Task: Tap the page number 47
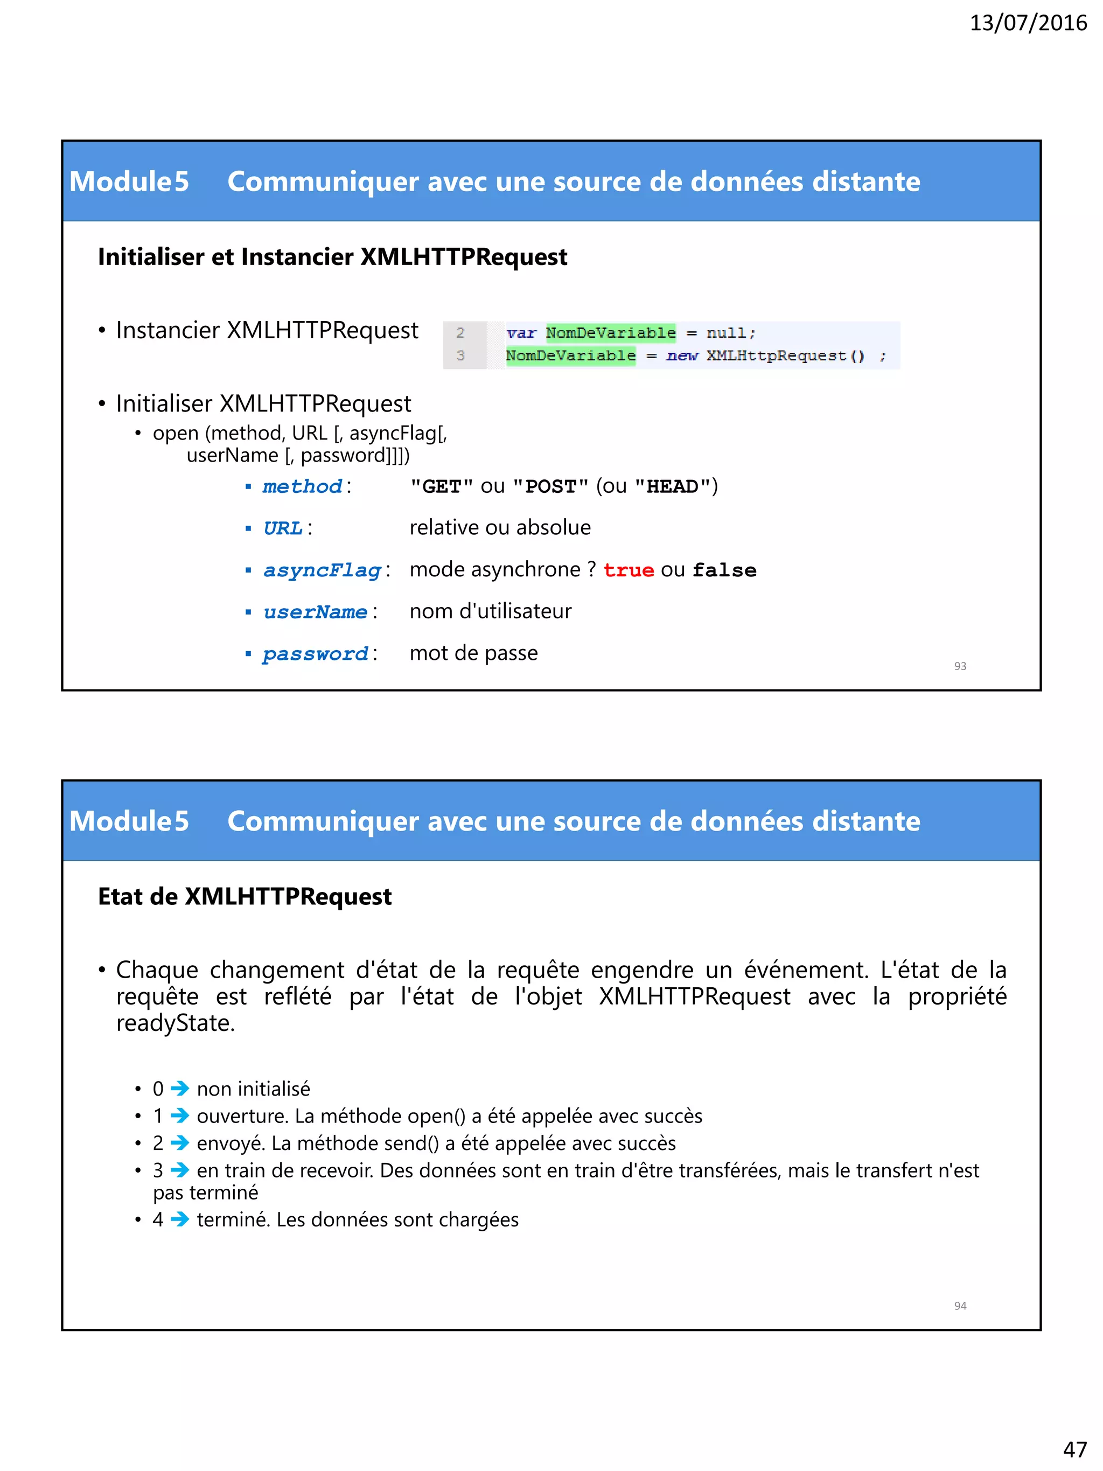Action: [1074, 1448]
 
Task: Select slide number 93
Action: [959, 666]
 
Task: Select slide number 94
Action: [959, 1306]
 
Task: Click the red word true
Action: [629, 570]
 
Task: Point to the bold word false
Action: [724, 570]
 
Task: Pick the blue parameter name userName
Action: [315, 612]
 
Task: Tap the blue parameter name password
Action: [315, 654]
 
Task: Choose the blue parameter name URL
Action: [283, 528]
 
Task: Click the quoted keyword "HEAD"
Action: [672, 486]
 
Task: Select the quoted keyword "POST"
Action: [550, 486]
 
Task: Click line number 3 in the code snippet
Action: [460, 356]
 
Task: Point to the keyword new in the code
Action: [681, 356]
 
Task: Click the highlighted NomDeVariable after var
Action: [610, 332]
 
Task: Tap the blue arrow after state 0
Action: [179, 1089]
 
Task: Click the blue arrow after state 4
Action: [179, 1219]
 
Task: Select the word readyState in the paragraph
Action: [175, 1023]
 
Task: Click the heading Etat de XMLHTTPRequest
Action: [245, 896]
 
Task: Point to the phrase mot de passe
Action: [473, 653]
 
